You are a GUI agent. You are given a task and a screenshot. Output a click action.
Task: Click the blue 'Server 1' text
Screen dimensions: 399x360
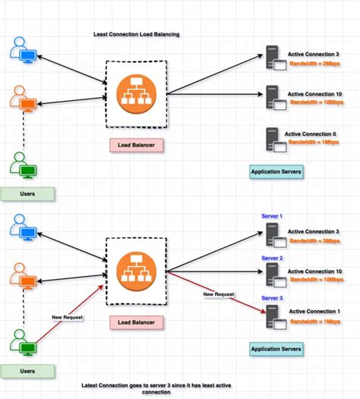[x=272, y=216]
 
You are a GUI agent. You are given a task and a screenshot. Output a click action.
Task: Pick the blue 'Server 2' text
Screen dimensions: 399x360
[x=272, y=259]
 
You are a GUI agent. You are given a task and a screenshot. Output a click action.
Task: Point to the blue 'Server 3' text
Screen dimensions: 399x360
[x=272, y=298]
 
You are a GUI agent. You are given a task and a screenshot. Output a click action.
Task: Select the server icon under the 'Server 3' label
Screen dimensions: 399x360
[x=272, y=317]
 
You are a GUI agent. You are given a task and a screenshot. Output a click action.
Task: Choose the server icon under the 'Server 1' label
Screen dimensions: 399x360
[x=272, y=236]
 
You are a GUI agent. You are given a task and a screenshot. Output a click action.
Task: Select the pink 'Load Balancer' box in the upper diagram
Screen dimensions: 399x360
[x=137, y=143]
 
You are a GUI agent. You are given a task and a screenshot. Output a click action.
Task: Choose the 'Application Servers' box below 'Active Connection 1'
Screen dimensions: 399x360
[x=276, y=350]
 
